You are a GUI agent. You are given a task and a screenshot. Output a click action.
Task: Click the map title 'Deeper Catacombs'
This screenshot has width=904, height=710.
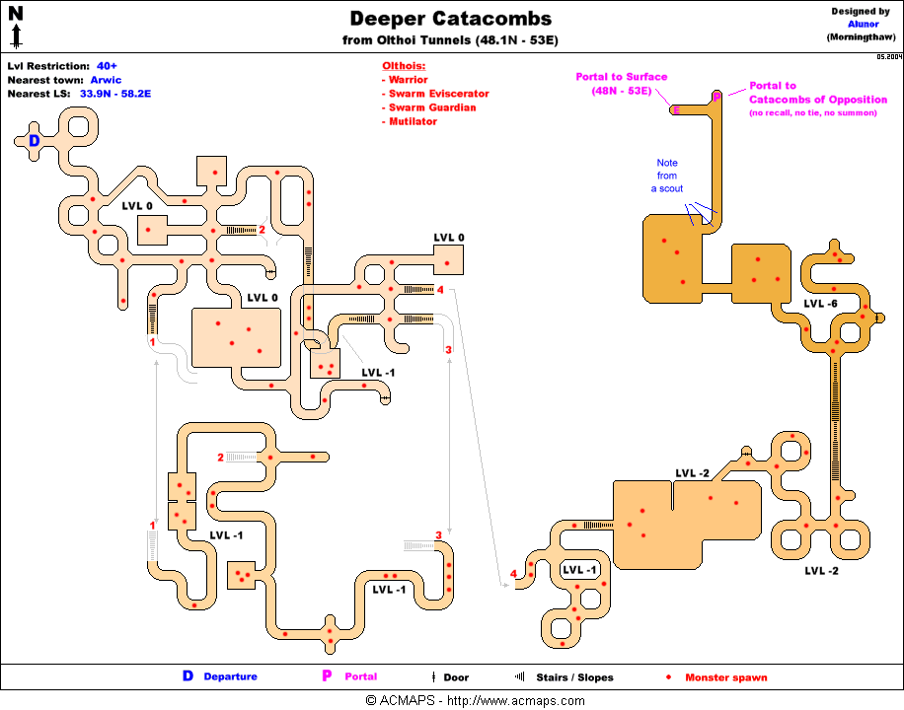click(x=451, y=19)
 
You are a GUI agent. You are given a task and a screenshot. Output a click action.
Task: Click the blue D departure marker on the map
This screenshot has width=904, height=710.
click(x=34, y=141)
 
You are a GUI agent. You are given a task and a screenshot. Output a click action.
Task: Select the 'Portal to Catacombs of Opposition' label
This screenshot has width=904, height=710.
click(x=818, y=93)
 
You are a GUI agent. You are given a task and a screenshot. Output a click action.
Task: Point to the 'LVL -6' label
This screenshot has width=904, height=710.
click(x=820, y=304)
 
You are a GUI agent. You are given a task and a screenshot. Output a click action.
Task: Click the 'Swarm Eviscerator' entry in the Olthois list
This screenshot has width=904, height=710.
click(x=438, y=94)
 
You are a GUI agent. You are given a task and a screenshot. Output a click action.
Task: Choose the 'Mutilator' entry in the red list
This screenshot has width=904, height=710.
click(x=413, y=121)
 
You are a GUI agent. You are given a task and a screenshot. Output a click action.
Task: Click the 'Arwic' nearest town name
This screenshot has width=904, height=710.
click(x=106, y=80)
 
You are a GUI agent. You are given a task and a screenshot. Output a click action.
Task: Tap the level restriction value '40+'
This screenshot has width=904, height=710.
click(x=107, y=66)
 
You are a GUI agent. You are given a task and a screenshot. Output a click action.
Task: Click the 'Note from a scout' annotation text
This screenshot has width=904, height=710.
click(x=667, y=176)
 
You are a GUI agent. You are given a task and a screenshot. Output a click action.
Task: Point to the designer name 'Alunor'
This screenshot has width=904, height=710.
click(x=863, y=25)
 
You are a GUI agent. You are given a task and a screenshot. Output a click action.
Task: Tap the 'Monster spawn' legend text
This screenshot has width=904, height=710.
click(x=725, y=677)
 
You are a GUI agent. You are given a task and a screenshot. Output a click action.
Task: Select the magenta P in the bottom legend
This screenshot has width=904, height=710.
click(x=326, y=676)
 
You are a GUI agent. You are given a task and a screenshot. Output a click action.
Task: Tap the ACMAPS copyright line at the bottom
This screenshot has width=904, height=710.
click(x=474, y=701)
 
